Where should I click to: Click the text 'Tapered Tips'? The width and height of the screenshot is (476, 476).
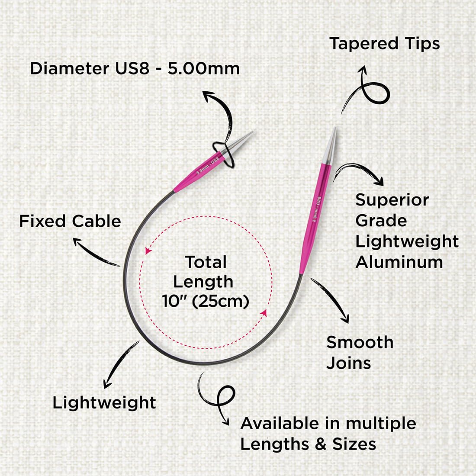coord(384,44)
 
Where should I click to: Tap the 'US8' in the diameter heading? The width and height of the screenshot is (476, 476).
coord(132,68)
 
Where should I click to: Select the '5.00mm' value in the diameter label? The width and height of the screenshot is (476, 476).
coord(204,68)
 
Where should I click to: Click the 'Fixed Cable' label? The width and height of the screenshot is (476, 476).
coord(70,221)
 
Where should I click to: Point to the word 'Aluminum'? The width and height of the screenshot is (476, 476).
coord(399,262)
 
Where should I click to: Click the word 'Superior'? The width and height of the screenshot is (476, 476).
coord(392,200)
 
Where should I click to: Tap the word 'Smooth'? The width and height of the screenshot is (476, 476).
coord(360,342)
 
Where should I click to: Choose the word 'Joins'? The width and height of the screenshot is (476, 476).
coord(348,363)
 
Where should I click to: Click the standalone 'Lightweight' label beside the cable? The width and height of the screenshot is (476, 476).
coord(104,403)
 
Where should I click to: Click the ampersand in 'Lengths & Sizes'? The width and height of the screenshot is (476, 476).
coord(321,444)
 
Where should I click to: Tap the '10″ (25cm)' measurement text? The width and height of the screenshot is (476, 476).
coord(206,302)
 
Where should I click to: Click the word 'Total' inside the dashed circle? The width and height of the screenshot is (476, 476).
coord(206,262)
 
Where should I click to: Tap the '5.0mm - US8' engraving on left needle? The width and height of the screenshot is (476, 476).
coord(208,165)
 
